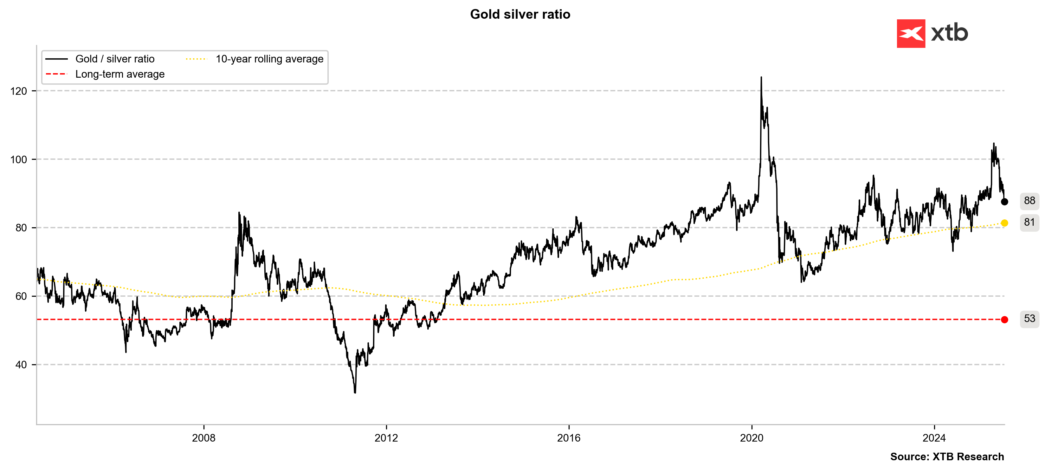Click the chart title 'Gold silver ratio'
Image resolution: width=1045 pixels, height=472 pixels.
coord(520,14)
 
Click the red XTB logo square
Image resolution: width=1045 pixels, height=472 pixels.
coord(911,33)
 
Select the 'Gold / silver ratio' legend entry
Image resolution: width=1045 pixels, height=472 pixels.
coord(115,59)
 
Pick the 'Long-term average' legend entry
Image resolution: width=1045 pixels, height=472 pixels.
coord(120,74)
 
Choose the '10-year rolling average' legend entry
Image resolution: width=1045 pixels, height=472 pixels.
coord(269,59)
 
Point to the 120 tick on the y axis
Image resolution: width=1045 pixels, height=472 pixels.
coord(19,91)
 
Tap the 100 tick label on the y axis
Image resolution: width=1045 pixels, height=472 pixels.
coord(19,159)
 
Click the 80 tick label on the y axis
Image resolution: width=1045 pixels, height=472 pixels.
coord(21,228)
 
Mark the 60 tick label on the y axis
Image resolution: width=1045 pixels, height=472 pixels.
coord(21,296)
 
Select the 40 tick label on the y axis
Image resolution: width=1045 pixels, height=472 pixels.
coord(21,365)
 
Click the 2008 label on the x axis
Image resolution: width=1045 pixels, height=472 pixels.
coord(204,438)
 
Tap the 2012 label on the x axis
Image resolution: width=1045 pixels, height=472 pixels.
coord(386,438)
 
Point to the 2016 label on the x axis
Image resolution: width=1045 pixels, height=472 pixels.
coord(569,438)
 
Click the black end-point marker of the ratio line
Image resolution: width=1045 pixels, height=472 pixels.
coord(1004,202)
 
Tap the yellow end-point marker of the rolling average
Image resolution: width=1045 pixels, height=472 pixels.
coord(1004,223)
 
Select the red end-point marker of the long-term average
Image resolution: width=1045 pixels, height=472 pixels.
coord(1004,320)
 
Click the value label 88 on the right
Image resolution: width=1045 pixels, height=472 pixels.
coord(1029,200)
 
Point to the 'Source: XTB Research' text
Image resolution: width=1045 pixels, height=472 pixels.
coord(947,456)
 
